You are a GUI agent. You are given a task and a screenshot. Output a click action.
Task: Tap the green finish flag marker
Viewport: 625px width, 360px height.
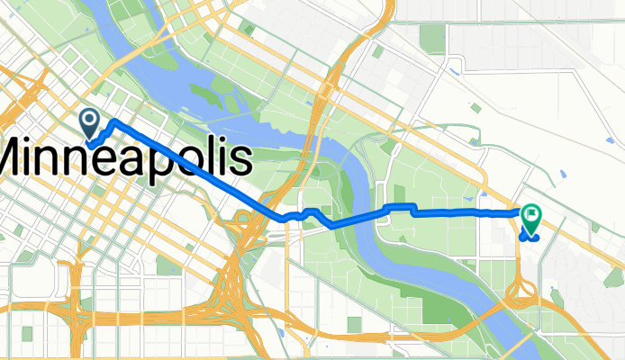(x=531, y=217)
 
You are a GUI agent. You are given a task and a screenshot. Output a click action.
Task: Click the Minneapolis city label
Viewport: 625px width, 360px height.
(x=126, y=159)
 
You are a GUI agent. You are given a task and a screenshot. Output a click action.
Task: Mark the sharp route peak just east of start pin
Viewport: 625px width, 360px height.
(x=113, y=120)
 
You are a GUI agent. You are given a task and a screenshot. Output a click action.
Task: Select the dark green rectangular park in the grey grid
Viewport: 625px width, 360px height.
(x=432, y=38)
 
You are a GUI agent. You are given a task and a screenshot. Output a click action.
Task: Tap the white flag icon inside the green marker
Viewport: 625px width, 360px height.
(x=531, y=213)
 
